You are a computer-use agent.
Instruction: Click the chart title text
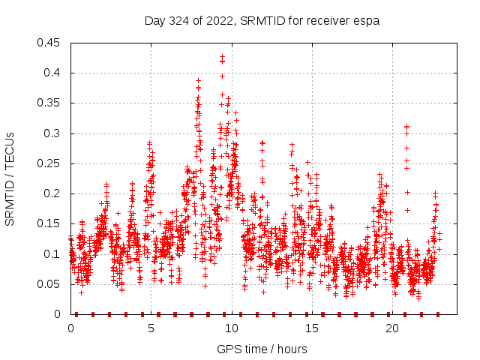click(x=262, y=21)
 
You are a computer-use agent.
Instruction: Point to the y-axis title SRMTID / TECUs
click(x=10, y=178)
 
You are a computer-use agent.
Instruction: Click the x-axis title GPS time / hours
click(x=262, y=349)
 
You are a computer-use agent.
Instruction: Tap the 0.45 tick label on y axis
click(x=50, y=43)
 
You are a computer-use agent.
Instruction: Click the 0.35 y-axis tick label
click(x=50, y=103)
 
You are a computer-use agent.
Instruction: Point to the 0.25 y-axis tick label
click(x=50, y=163)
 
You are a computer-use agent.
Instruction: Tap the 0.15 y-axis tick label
click(x=50, y=224)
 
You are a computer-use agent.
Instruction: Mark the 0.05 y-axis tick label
click(x=50, y=284)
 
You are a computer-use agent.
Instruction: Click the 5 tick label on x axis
click(x=151, y=328)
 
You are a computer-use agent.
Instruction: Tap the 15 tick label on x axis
click(x=311, y=328)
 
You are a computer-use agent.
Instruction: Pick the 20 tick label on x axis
click(x=391, y=328)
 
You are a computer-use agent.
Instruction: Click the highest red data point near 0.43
click(x=223, y=56)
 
